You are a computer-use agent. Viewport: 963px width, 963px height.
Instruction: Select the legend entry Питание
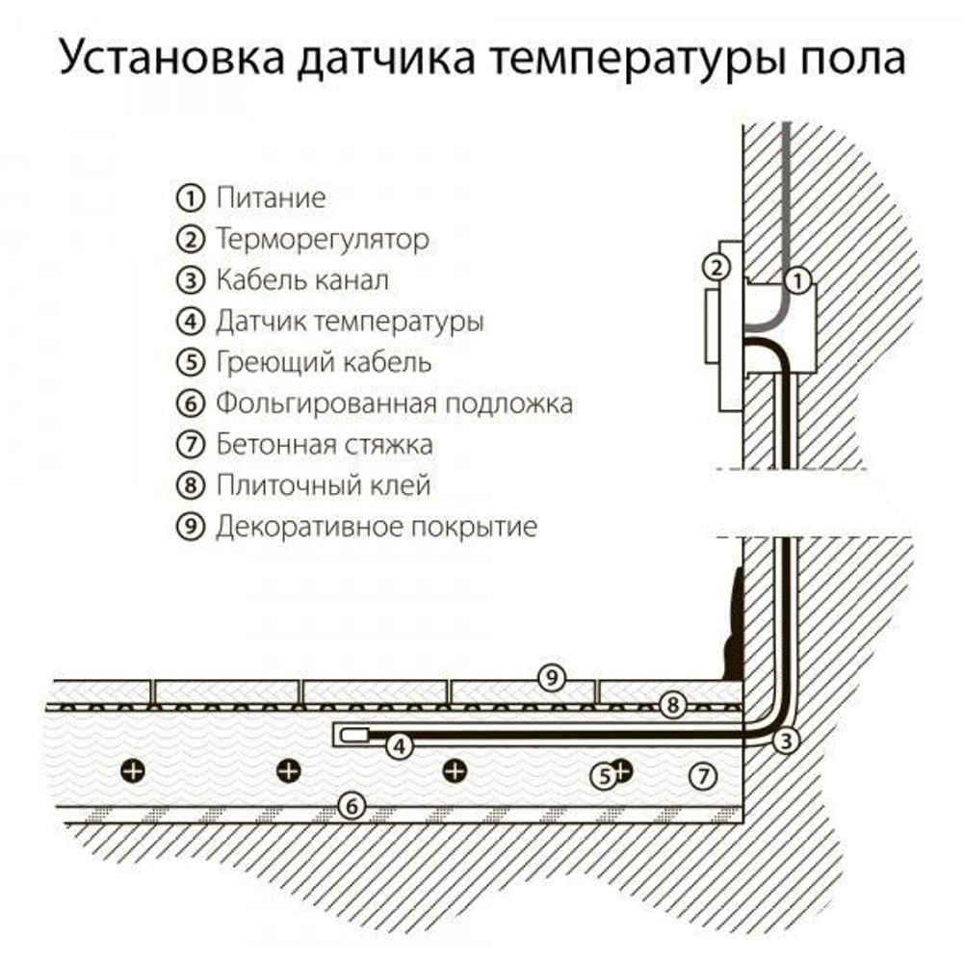coord(271,198)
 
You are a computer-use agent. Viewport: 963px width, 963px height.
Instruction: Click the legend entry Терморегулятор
coord(323,239)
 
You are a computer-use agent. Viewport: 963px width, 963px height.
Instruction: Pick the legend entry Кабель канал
coord(302,280)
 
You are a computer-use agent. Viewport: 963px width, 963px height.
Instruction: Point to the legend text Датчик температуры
coord(350,322)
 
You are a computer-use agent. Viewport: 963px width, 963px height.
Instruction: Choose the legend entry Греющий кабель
coord(324,363)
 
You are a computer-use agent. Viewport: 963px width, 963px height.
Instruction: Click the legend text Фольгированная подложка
coord(394,403)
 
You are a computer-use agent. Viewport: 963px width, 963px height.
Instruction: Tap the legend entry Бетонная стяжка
coord(325,445)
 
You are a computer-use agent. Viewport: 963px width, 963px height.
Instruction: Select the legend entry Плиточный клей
coord(323,486)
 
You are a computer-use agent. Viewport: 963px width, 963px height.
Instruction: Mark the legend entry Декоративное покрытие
coord(377,528)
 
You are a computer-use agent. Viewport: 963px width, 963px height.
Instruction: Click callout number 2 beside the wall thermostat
coord(715,267)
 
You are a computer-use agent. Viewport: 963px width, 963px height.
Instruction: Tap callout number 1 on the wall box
coord(797,282)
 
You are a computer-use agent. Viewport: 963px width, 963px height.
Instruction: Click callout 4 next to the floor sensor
coord(397,743)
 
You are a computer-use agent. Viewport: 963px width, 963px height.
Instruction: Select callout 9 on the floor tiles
coord(551,678)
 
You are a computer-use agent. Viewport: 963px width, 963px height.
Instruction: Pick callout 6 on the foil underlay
coord(353,806)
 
